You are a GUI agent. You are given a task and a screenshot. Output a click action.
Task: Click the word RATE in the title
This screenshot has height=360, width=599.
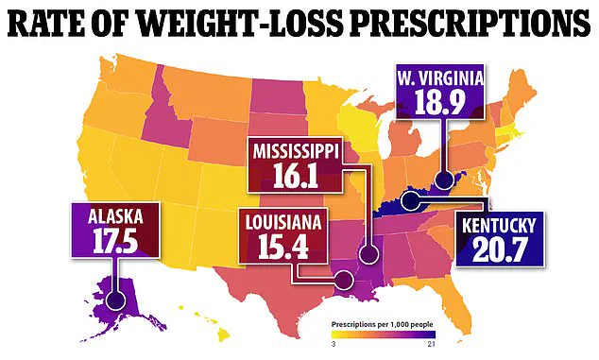click(55, 24)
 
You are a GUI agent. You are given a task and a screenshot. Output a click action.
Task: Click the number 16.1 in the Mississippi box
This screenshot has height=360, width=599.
click(295, 176)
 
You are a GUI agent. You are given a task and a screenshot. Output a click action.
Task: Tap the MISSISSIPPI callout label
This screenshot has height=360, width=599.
click(295, 151)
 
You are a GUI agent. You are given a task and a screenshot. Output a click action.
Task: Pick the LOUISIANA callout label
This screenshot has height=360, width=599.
click(282, 223)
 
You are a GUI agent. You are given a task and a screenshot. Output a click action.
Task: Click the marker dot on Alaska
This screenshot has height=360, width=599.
click(117, 301)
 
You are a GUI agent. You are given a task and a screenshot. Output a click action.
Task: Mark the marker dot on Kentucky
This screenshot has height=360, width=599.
click(410, 199)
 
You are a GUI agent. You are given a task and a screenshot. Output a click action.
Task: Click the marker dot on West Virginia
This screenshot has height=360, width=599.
click(442, 179)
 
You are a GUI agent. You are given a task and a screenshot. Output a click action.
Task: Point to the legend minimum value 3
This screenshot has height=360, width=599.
click(333, 347)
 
